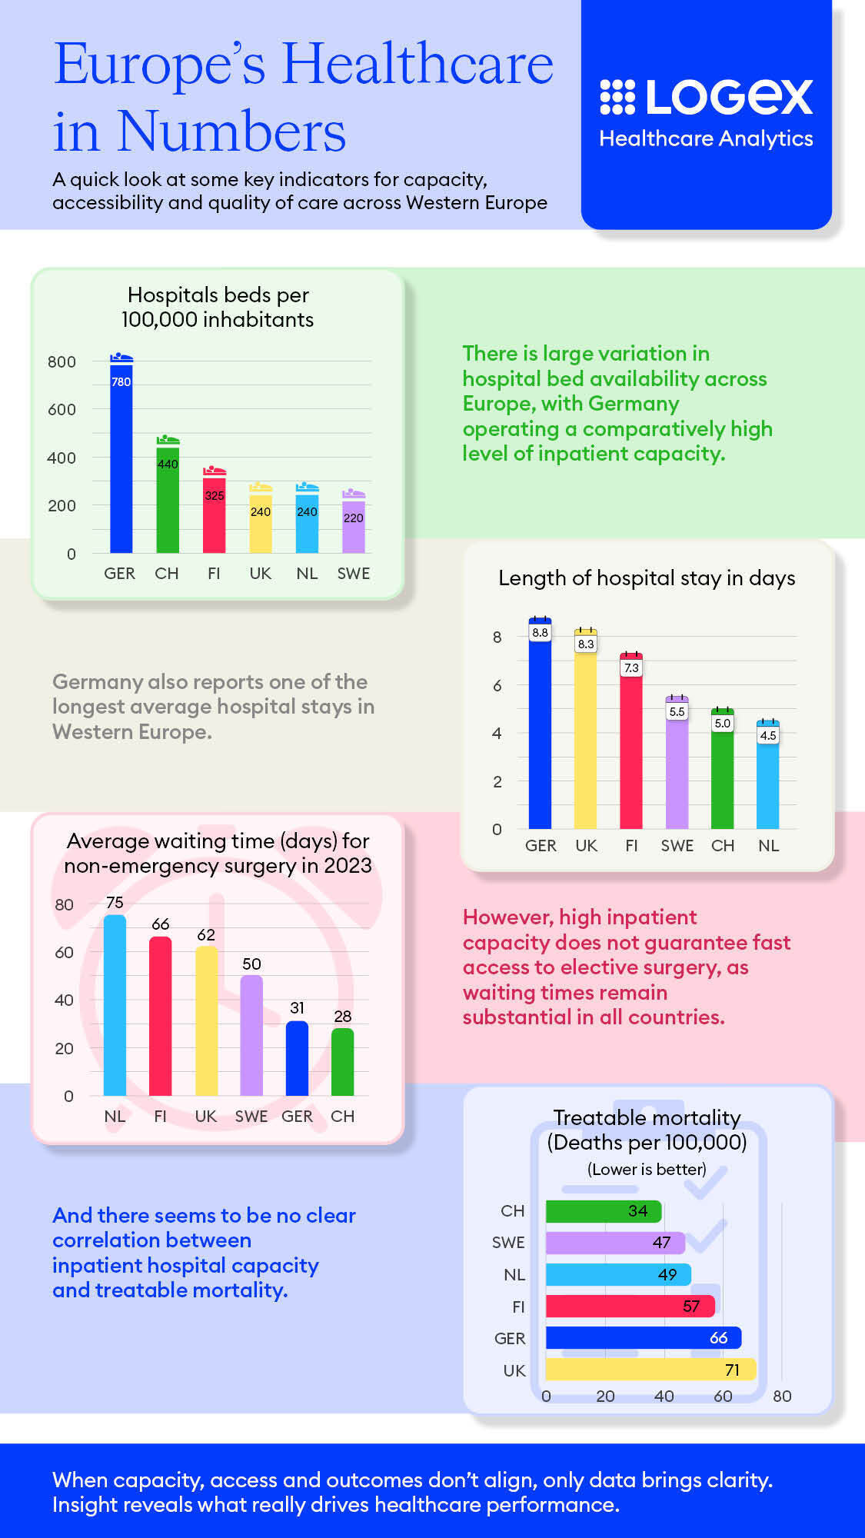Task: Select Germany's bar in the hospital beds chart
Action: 121,461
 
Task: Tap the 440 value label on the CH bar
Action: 168,464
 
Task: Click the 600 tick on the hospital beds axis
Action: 62,410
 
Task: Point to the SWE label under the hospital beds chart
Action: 353,574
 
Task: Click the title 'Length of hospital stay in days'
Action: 647,578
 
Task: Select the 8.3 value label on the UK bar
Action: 586,644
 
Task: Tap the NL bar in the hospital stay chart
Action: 768,781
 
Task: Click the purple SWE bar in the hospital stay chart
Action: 677,769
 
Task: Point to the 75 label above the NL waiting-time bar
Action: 115,903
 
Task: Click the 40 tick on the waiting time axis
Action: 64,1000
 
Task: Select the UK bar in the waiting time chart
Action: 206,1023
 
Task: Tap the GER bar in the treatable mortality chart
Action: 643,1338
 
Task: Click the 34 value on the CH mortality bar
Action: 637,1211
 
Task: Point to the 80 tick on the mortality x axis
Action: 782,1397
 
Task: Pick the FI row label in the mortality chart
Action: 518,1307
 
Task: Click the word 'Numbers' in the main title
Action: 231,132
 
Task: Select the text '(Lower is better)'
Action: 647,1170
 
